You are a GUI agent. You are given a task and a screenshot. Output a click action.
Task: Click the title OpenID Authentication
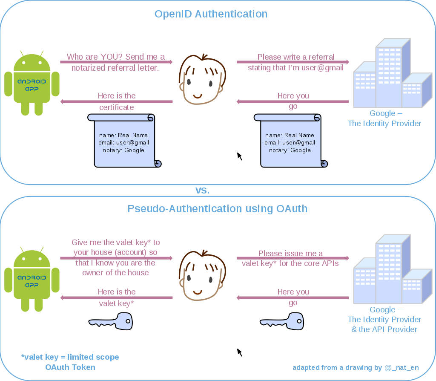211,14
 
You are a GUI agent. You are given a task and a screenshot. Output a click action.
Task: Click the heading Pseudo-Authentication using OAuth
217,209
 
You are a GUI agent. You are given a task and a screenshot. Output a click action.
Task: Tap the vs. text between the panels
202,190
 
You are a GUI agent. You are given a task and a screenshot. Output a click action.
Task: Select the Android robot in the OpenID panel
32,84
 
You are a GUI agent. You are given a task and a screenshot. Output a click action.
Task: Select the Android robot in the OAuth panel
32,280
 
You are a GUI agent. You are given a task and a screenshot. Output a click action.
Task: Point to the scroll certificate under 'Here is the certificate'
125,141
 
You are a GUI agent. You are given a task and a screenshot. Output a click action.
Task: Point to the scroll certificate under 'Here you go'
291,141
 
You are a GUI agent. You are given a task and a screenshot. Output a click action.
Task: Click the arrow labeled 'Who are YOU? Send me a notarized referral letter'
116,62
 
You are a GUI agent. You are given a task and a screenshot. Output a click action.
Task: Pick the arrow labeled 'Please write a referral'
293,62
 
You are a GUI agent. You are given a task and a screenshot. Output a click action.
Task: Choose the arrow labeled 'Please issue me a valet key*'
293,258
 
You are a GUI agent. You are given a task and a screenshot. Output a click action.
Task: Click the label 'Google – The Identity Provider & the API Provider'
384,320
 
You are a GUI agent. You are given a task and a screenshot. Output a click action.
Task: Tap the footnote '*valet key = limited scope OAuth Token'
70,362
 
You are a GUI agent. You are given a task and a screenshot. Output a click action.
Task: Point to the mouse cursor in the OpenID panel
239,156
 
